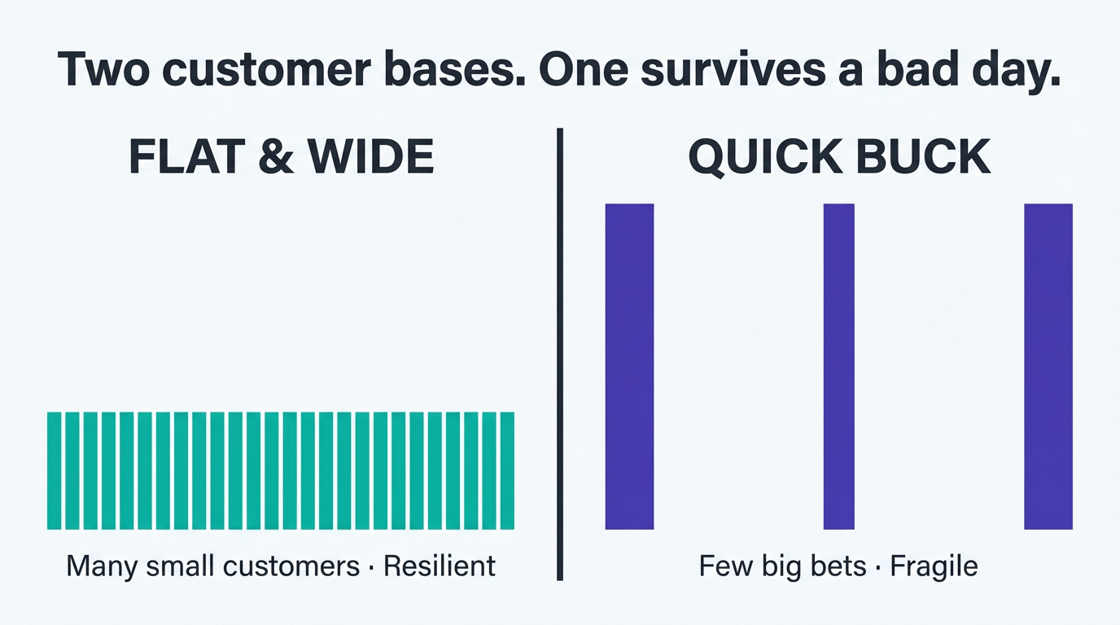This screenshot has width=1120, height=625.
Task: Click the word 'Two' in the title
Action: pyautogui.click(x=103, y=70)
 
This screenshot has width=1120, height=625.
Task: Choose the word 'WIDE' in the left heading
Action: pyautogui.click(x=372, y=157)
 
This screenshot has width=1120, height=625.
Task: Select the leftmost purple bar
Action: pyautogui.click(x=629, y=366)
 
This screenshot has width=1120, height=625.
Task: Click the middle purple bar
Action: pyautogui.click(x=838, y=366)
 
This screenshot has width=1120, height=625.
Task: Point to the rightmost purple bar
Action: pyautogui.click(x=1048, y=366)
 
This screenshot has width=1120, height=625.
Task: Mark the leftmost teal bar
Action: pyautogui.click(x=55, y=470)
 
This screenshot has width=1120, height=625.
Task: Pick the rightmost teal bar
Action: pyautogui.click(x=507, y=470)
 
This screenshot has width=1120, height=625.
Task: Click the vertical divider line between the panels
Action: pyautogui.click(x=560, y=354)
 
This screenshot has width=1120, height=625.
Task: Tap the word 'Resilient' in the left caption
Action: pyautogui.click(x=439, y=566)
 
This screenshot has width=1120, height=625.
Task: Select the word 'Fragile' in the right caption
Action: pyautogui.click(x=934, y=566)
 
